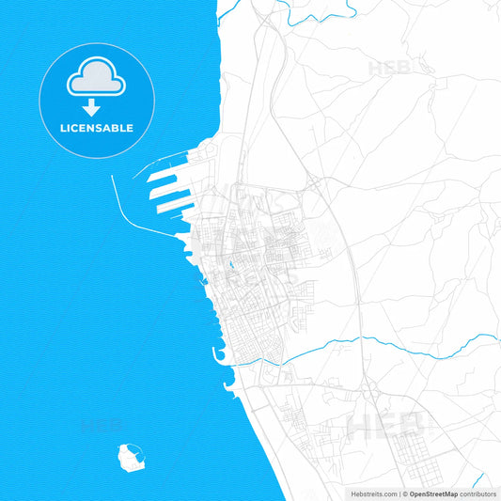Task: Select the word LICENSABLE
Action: [98, 128]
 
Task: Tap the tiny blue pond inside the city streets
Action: [227, 259]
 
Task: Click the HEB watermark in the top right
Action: [388, 69]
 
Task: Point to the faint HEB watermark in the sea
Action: [101, 426]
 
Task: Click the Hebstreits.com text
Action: [373, 493]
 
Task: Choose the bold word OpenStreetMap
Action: [432, 493]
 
